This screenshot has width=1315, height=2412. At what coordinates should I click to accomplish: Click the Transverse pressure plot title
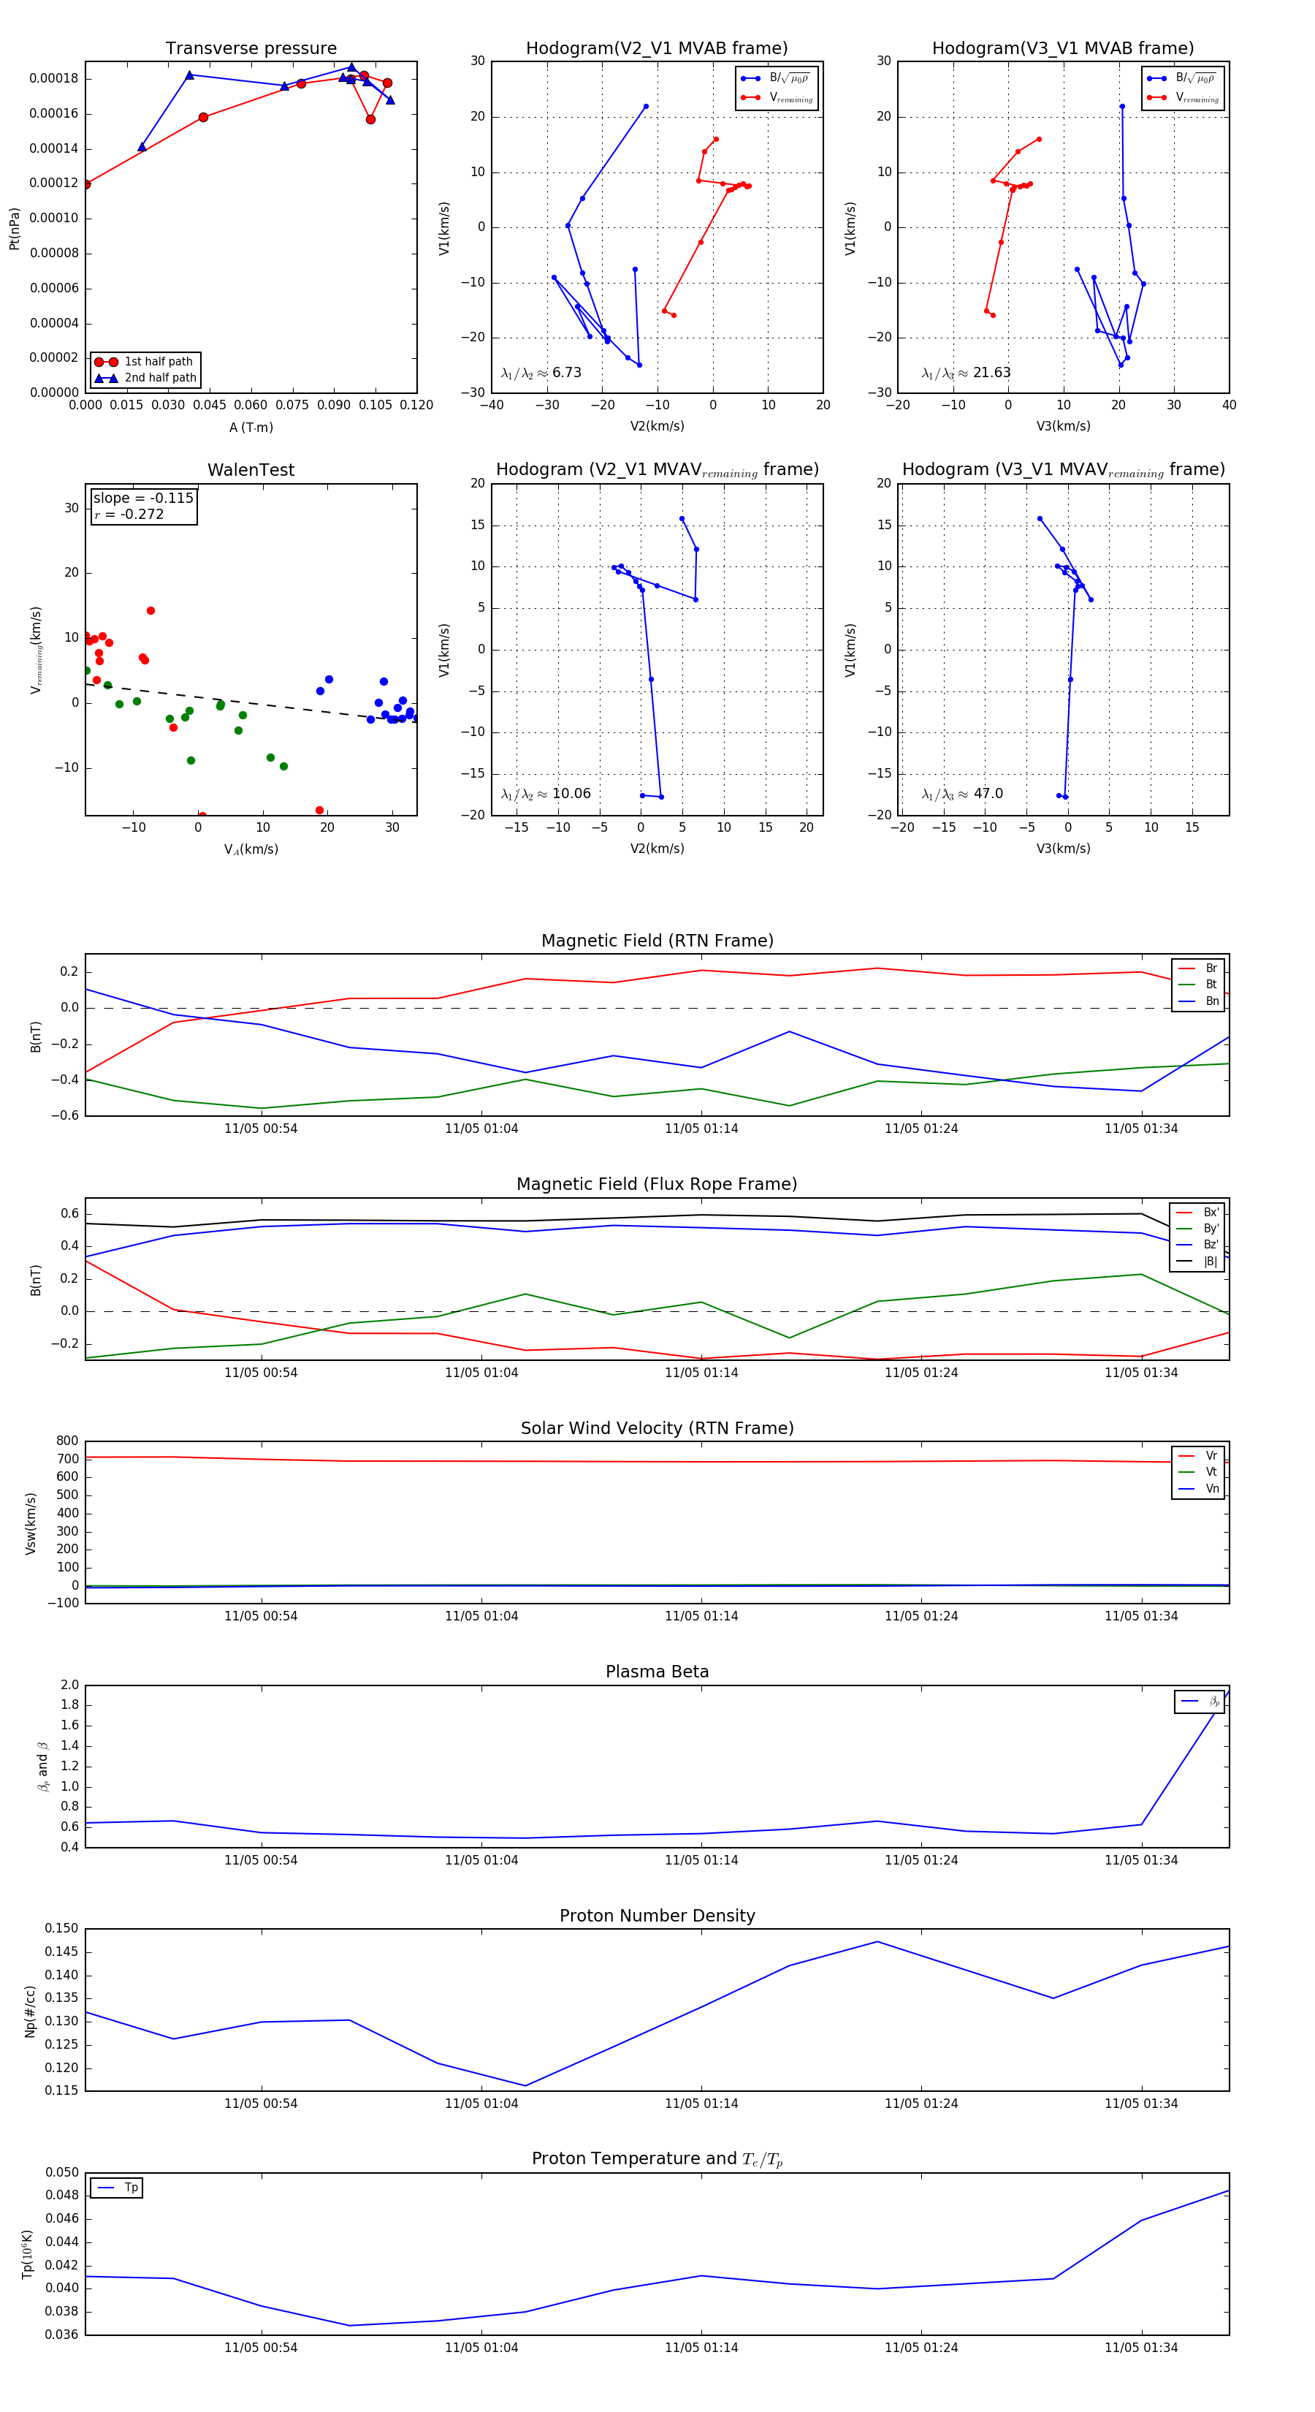coord(251,49)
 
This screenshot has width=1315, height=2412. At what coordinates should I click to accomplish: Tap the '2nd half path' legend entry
coord(160,379)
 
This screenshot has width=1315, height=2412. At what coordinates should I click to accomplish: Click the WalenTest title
coord(251,470)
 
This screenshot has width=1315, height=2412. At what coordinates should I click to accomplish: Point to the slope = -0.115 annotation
coord(143,498)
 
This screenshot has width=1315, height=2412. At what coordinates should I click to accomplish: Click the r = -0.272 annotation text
coord(129,514)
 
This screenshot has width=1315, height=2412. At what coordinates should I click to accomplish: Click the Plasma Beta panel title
coord(657,1672)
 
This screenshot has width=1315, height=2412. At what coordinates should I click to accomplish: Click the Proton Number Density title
coord(657,1916)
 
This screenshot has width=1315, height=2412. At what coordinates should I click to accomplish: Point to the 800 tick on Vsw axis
coord(67,1441)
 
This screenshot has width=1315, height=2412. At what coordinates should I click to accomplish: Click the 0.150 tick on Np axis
coord(63,1928)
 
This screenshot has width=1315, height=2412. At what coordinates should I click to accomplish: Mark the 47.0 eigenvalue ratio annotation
coord(962,794)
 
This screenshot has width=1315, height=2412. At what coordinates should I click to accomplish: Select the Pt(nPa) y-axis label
coord(14,229)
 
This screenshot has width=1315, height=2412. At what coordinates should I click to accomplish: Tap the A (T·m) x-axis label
coord(251,428)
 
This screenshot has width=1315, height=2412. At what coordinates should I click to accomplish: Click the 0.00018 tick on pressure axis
coord(53,79)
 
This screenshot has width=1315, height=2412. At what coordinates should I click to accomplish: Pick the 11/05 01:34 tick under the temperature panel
coord(1141,2348)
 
